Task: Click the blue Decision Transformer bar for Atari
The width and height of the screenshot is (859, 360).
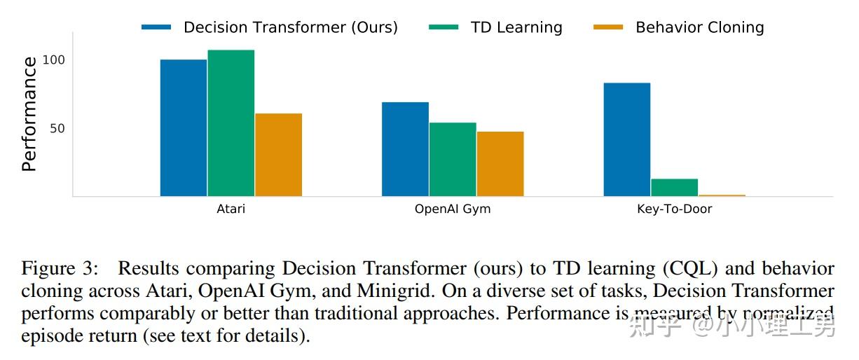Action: (184, 127)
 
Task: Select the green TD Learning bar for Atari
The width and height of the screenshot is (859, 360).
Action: (231, 123)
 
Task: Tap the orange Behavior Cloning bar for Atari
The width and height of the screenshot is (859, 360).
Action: (278, 155)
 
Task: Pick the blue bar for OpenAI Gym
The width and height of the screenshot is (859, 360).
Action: (405, 149)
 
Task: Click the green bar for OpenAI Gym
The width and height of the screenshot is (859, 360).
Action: (453, 159)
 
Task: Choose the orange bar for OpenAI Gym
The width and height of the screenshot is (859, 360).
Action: (500, 164)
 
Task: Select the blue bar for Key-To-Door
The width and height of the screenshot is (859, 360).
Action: (627, 139)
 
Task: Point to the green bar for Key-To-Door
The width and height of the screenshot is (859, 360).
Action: (674, 188)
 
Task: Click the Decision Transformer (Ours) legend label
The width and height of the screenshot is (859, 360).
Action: (290, 27)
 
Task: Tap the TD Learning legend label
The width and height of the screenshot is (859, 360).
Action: (516, 27)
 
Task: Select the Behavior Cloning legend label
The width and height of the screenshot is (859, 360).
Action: (699, 27)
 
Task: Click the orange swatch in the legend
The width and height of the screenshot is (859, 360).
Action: (607, 27)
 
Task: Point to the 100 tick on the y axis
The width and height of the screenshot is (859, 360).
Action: (53, 60)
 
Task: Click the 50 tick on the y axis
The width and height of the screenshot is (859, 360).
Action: (57, 128)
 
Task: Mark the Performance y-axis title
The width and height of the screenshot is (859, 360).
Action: (29, 114)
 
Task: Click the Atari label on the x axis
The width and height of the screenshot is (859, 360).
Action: (231, 209)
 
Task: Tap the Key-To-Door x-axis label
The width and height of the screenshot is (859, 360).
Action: (674, 209)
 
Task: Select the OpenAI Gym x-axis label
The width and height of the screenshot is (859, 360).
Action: (453, 209)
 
